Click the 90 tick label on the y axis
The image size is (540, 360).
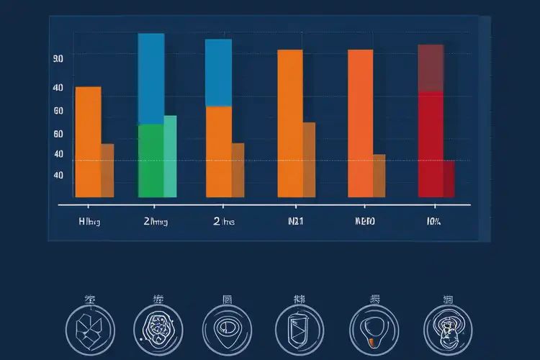[58, 58]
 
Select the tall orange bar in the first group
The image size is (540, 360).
[88, 141]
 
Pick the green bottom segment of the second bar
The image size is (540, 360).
[150, 161]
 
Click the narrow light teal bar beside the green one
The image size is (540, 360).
[170, 156]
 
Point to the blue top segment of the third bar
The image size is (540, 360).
[218, 72]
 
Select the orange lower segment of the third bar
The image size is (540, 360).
[218, 151]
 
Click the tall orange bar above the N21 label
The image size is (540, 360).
[289, 122]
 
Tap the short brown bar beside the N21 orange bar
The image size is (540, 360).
[309, 159]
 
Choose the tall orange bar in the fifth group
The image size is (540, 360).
[360, 122]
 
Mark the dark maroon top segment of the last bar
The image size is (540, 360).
[431, 68]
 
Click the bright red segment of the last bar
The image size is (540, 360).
[431, 144]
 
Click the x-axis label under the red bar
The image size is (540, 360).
[433, 222]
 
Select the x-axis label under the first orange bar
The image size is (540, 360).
[89, 222]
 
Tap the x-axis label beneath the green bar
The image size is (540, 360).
[156, 222]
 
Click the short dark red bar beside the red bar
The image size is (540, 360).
[449, 179]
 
